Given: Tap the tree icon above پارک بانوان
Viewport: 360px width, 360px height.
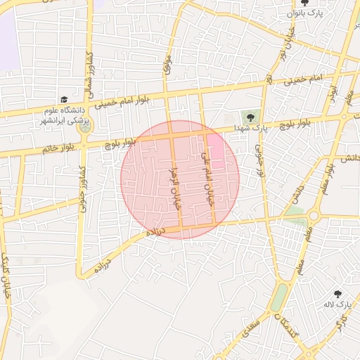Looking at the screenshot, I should pos(304,3).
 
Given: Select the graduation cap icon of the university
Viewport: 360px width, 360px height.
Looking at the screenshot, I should pos(65,101).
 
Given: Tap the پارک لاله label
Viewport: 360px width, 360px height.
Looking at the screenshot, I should pos(336,305).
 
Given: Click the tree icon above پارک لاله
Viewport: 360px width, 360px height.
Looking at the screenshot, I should pos(337,294).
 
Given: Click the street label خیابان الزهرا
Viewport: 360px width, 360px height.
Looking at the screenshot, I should pos(176,184).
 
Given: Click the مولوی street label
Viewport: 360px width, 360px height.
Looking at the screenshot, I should pos(167,68).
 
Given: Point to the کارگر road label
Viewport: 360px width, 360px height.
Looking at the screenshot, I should pos(342,325).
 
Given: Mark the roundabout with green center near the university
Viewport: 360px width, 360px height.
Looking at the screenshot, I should pos(85,128).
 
